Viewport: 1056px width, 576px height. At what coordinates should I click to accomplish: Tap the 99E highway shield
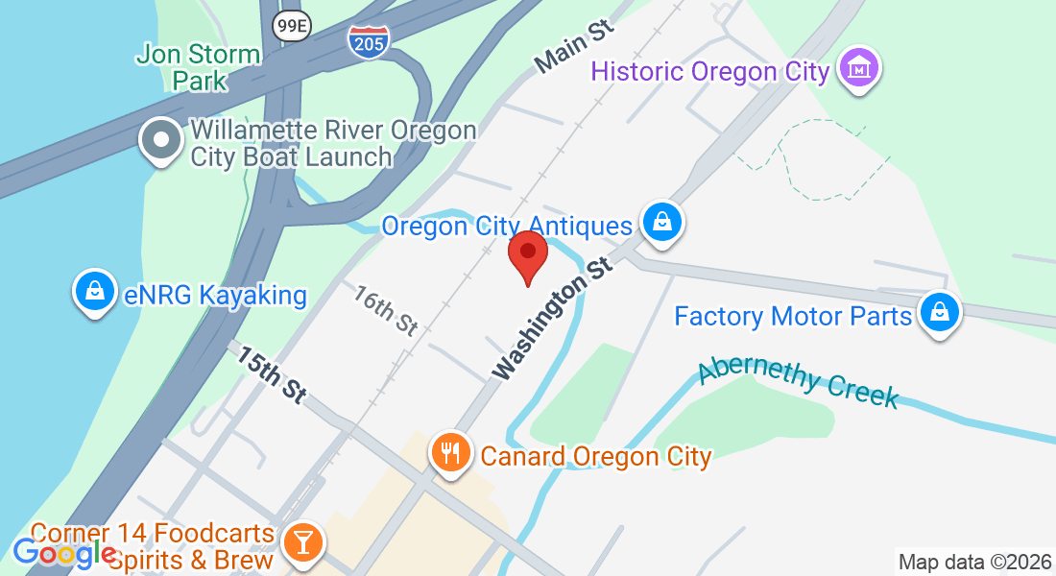pyautogui.click(x=290, y=27)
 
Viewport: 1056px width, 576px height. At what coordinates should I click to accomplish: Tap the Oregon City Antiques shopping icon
pyautogui.click(x=661, y=223)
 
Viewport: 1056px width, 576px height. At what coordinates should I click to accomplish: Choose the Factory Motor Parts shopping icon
pyautogui.click(x=940, y=313)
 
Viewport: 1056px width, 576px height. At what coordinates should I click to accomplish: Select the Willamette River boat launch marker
pyautogui.click(x=161, y=141)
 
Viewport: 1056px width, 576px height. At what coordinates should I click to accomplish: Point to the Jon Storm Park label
pyautogui.click(x=198, y=66)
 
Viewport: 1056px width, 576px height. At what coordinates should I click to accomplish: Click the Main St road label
pyautogui.click(x=573, y=45)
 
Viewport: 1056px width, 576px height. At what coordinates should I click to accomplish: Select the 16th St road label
pyautogui.click(x=385, y=310)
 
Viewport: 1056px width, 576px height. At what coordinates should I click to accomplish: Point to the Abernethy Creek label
pyautogui.click(x=798, y=382)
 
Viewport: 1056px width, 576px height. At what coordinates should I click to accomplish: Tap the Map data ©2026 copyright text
pyautogui.click(x=973, y=562)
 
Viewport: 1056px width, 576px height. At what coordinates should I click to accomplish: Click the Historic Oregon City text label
pyautogui.click(x=709, y=71)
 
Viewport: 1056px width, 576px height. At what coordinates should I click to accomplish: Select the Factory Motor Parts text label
pyautogui.click(x=792, y=316)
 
